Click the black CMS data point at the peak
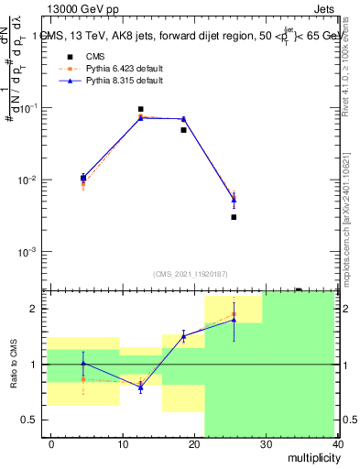coord(140,109)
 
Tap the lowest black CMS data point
coord(234,217)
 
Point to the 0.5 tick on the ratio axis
coord(31,420)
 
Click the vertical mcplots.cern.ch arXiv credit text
coord(347,211)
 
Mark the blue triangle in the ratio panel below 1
coord(140,388)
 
